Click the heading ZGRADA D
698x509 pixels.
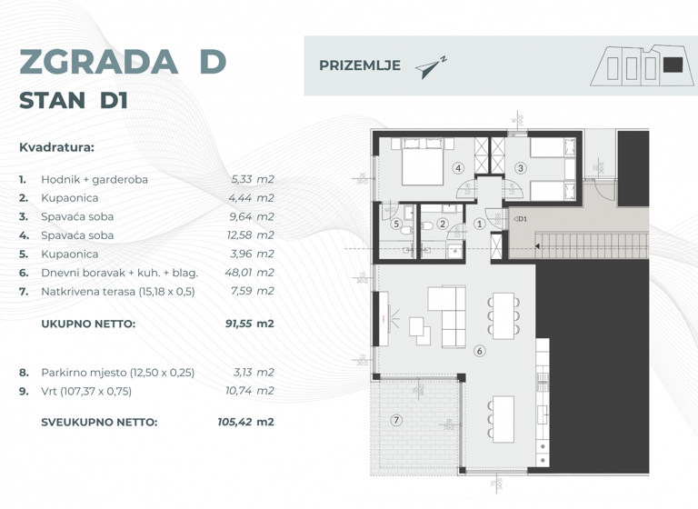[122, 62]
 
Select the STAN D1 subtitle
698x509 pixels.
[74, 101]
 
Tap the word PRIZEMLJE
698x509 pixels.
[360, 65]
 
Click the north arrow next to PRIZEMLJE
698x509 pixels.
[430, 67]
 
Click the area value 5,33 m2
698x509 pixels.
[252, 179]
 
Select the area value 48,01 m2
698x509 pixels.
[249, 272]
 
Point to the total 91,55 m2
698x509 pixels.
[249, 323]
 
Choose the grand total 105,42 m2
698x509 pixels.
[247, 422]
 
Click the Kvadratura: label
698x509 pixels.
[56, 146]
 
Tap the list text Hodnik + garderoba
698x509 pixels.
[95, 179]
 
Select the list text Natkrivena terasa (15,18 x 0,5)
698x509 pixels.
[118, 291]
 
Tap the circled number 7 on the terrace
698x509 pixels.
[395, 420]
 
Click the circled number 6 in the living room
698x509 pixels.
[479, 352]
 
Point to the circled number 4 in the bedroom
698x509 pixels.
[458, 168]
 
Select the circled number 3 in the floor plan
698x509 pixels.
[520, 168]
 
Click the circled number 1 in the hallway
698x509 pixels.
[479, 224]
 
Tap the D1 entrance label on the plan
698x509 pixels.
[522, 219]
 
